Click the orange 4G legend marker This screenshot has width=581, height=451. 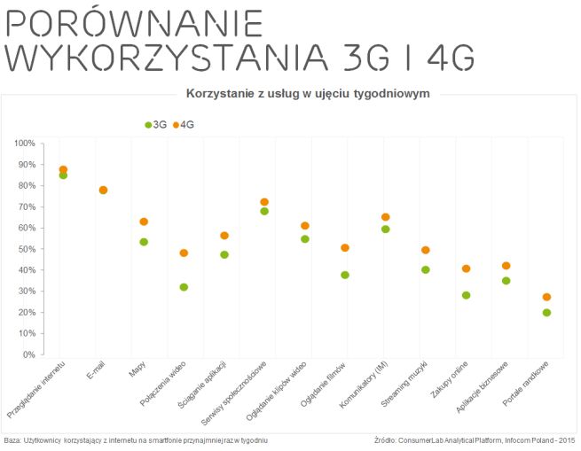point(176,125)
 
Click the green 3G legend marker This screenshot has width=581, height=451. point(148,125)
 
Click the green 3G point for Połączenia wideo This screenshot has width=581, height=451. point(184,287)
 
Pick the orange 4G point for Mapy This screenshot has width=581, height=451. point(144,222)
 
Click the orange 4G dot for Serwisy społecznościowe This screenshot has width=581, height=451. point(264,202)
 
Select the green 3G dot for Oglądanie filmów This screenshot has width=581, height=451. point(345,275)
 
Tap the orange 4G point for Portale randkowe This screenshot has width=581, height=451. point(546,297)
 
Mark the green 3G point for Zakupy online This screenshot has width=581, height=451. point(466,295)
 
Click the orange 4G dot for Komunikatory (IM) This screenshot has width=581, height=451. point(385,217)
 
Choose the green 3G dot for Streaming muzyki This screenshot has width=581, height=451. point(426,269)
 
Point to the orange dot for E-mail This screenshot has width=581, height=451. point(103,190)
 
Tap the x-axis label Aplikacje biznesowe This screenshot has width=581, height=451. point(483,390)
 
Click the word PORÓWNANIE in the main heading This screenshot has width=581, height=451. point(134,23)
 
